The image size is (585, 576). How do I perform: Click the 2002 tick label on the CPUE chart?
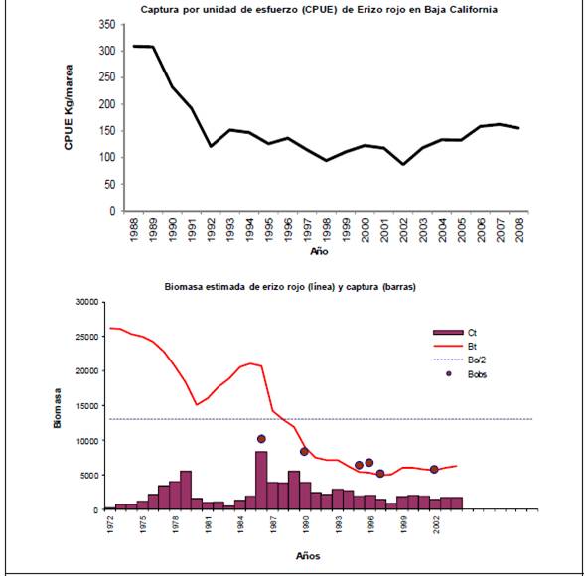tap(404, 230)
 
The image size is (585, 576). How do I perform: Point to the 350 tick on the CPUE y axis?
tap(107, 25)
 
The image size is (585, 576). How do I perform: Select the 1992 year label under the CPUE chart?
tap(212, 230)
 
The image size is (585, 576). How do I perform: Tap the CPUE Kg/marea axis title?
tap(69, 107)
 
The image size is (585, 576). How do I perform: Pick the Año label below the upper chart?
tap(319, 252)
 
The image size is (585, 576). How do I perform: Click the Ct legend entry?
tap(455, 333)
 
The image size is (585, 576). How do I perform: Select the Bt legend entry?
tap(455, 347)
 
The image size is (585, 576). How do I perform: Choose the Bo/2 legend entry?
tap(460, 360)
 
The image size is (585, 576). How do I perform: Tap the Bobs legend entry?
tap(467, 374)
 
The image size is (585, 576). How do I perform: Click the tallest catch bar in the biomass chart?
tap(261, 480)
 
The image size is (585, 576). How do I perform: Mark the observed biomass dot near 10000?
tap(261, 439)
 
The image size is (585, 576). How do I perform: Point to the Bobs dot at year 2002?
tap(434, 470)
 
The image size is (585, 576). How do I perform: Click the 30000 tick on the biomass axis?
tap(87, 302)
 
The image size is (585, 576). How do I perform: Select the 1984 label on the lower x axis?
tap(241, 524)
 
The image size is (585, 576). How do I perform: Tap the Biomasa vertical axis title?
tap(57, 408)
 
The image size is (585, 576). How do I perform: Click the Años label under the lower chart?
tap(308, 556)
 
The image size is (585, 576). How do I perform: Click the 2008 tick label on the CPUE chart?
tap(520, 230)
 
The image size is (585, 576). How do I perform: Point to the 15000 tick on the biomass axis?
tap(87, 406)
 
